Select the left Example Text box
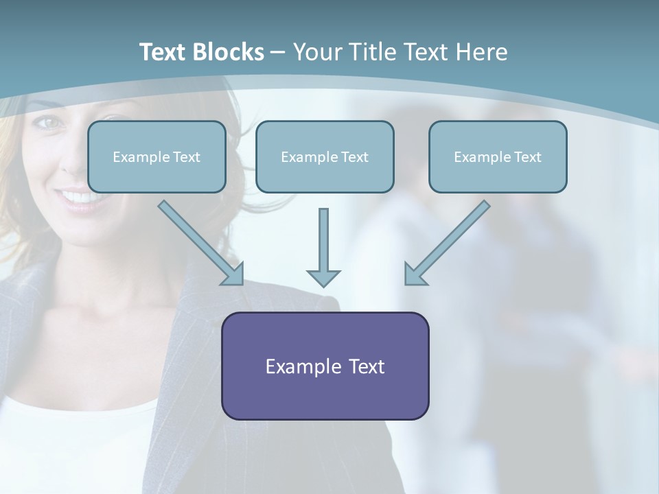(157, 157)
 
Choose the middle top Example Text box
(325, 157)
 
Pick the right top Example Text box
(498, 157)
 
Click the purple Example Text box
(325, 366)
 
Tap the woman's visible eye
(48, 123)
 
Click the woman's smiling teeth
(81, 198)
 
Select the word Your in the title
(318, 52)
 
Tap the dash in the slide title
(278, 53)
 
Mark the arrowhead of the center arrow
(323, 277)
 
